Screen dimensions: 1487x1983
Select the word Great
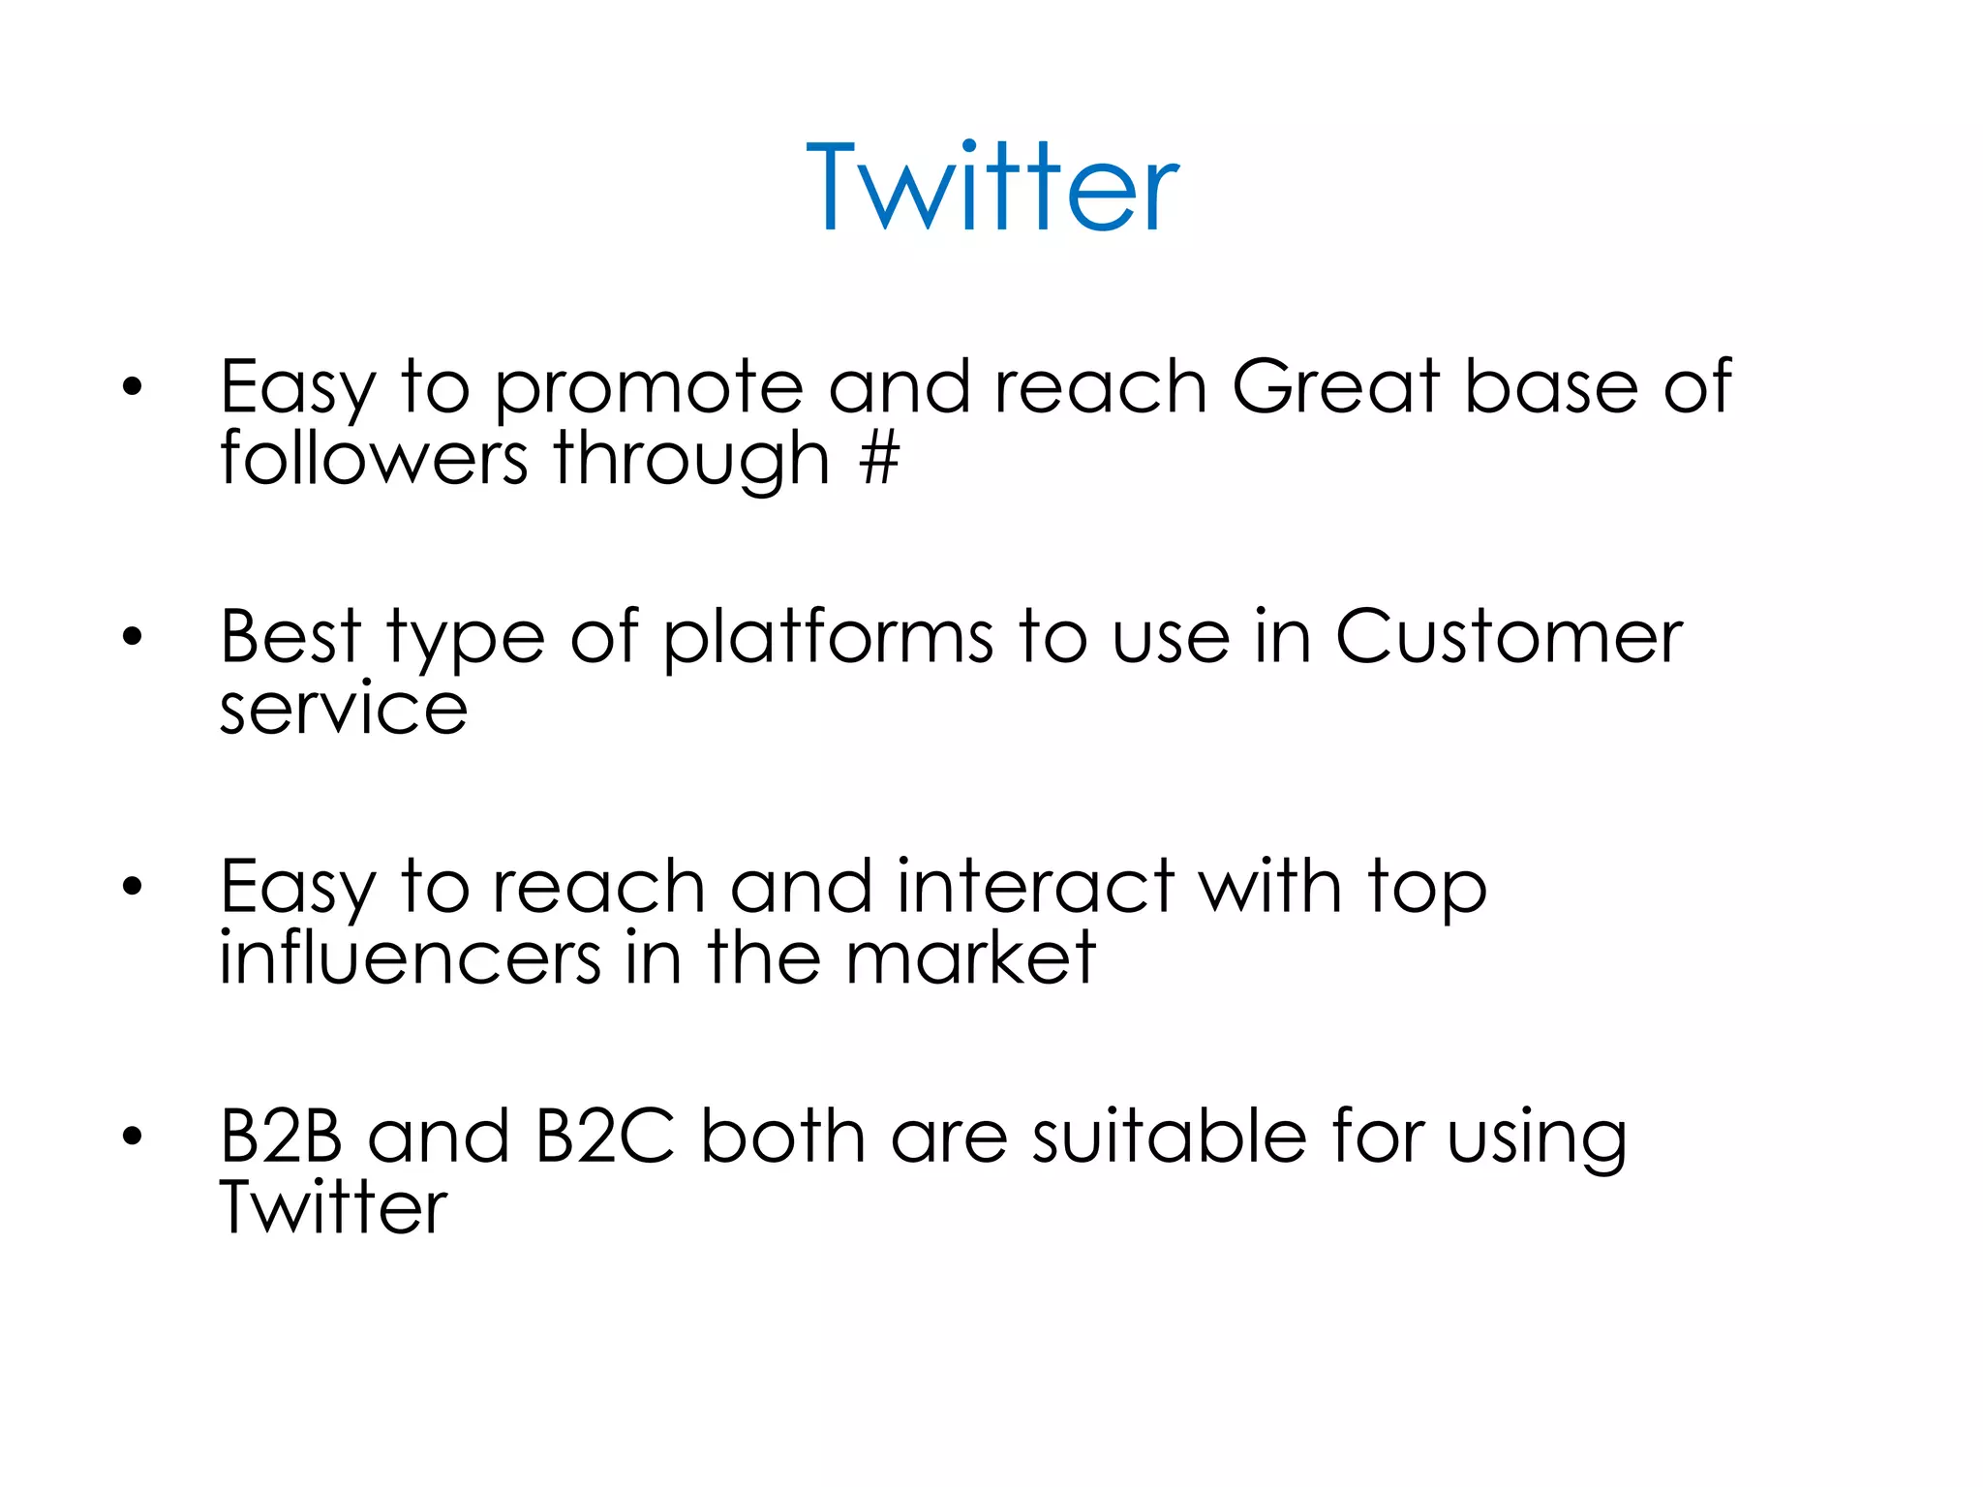[1335, 387]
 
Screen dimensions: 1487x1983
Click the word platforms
[829, 639]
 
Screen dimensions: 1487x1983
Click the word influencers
[411, 958]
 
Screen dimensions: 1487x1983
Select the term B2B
[281, 1137]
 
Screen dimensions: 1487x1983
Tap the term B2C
[605, 1137]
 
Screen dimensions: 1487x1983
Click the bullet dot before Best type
[133, 637]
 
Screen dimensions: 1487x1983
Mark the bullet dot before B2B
[133, 1137]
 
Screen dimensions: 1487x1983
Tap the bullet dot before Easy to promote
[133, 388]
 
